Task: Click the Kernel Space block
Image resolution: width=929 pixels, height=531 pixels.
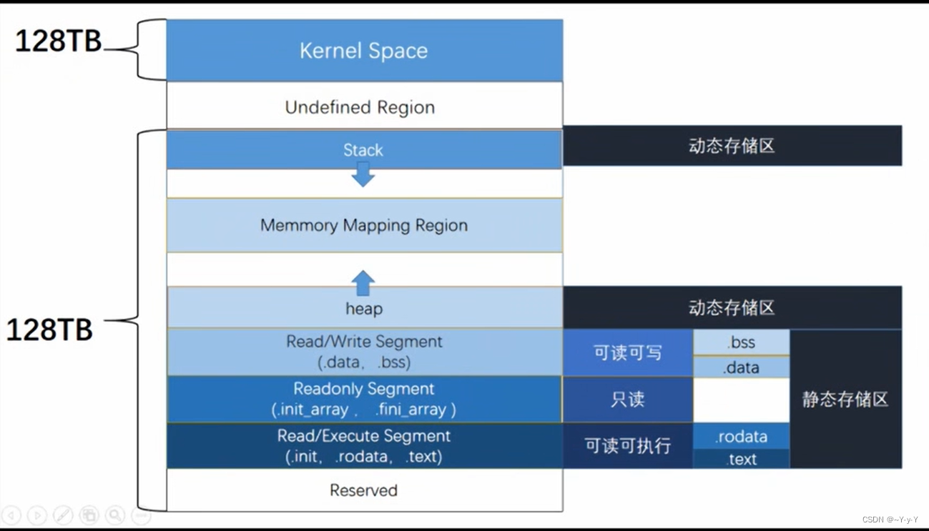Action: click(x=364, y=51)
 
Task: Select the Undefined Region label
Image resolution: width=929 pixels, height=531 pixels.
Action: click(x=360, y=107)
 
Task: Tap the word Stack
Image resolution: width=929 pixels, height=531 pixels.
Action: click(x=363, y=150)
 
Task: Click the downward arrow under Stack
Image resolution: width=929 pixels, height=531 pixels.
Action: click(x=363, y=174)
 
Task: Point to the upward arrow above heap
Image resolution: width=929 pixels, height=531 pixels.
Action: click(x=363, y=283)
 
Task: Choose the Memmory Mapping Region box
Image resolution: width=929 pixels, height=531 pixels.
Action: click(x=364, y=225)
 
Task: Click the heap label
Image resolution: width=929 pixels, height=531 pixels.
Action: click(x=364, y=309)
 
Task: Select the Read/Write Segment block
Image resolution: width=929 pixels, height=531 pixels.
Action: click(x=364, y=352)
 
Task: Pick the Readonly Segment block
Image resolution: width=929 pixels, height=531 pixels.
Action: click(x=364, y=399)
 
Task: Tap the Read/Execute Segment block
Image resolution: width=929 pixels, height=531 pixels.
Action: click(x=364, y=446)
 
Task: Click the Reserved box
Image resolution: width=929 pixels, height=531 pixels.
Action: click(x=364, y=490)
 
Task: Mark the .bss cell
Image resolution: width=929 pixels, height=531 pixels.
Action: click(x=741, y=342)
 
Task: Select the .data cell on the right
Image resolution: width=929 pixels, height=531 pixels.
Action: click(x=741, y=367)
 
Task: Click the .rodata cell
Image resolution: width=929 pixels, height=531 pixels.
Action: click(x=741, y=437)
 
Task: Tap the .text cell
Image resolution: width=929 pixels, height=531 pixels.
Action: click(x=741, y=459)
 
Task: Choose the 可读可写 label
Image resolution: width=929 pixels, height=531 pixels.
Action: click(x=628, y=352)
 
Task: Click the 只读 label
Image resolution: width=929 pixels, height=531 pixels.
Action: click(x=628, y=399)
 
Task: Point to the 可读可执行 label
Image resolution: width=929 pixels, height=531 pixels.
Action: click(x=628, y=446)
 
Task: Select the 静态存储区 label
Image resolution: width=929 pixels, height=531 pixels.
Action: click(x=845, y=399)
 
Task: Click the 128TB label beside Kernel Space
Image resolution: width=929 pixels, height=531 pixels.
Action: click(x=59, y=41)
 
